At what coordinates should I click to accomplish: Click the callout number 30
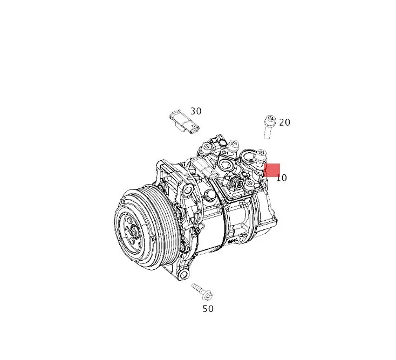pyautogui.click(x=196, y=111)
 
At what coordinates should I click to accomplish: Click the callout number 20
pyautogui.click(x=284, y=123)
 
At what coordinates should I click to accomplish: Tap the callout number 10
pyautogui.click(x=282, y=178)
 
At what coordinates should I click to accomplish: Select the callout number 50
pyautogui.click(x=208, y=309)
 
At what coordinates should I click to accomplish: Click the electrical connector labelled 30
pyautogui.click(x=183, y=122)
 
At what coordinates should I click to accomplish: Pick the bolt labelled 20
pyautogui.click(x=269, y=126)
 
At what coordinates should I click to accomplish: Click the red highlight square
pyautogui.click(x=271, y=170)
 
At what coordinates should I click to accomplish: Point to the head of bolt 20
pyautogui.click(x=270, y=119)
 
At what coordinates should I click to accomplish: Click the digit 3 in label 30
pyautogui.click(x=193, y=111)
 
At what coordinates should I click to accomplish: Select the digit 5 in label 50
pyautogui.click(x=205, y=309)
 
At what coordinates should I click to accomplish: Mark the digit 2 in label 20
pyautogui.click(x=282, y=123)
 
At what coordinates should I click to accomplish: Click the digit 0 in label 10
pyautogui.click(x=284, y=178)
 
